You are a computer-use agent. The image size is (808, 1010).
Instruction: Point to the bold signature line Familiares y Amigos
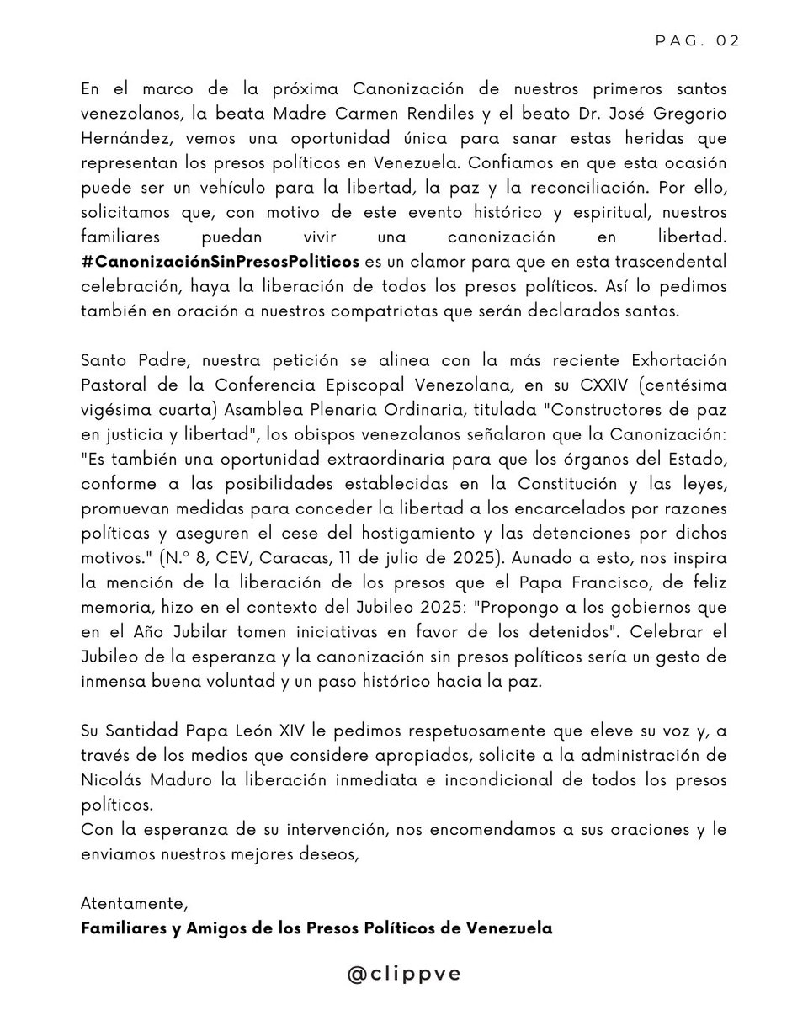coord(316,928)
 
